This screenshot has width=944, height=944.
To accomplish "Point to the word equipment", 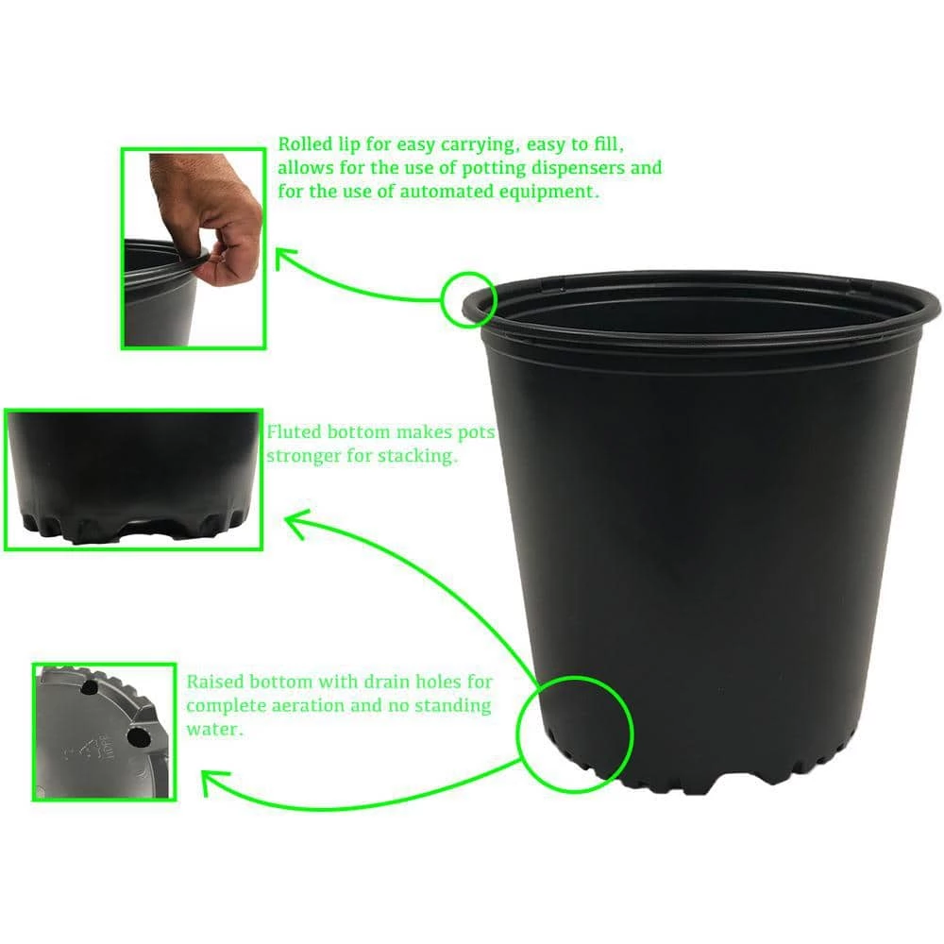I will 553,192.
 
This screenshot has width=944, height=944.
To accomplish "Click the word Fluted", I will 295,432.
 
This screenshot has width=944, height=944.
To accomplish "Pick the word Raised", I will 214,681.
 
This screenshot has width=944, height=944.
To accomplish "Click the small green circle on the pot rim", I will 467,299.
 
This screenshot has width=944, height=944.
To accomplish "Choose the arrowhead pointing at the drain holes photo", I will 210,782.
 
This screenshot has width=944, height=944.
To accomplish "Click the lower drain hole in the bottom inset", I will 138,736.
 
